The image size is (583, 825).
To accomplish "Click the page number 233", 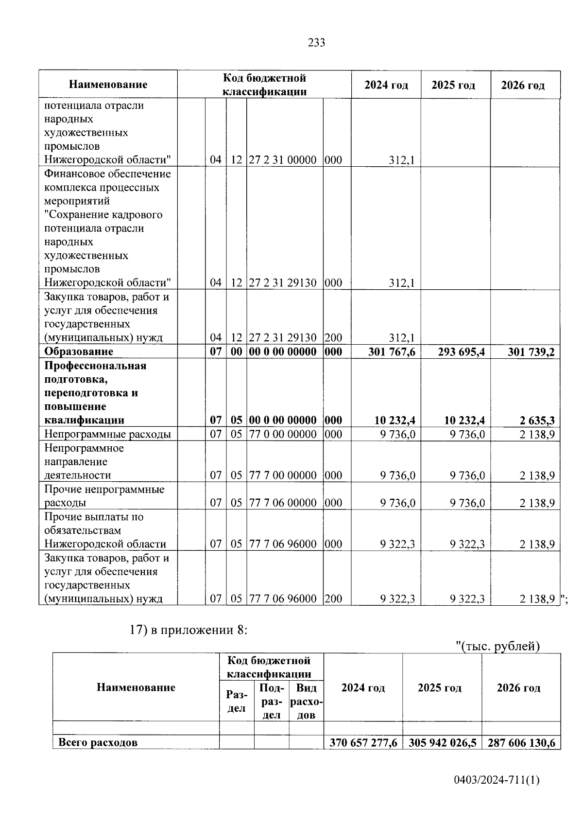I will (316, 43).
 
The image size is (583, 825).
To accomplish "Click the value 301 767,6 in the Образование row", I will (392, 352).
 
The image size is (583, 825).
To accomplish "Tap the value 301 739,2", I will (531, 352).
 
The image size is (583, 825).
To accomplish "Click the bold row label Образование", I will (79, 351).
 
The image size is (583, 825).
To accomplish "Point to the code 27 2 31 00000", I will (283, 160).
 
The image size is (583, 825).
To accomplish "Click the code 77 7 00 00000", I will (283, 475).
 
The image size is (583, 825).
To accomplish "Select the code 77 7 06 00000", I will (283, 503).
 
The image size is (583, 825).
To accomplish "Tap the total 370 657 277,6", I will (363, 743).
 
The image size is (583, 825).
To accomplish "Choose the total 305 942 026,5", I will (442, 743).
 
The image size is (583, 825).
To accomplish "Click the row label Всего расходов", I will (98, 743).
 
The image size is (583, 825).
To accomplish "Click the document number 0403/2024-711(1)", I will (497, 781).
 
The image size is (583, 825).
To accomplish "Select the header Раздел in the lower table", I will (237, 702).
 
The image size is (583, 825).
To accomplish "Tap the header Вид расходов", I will (306, 701).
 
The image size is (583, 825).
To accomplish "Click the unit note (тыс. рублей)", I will (499, 646).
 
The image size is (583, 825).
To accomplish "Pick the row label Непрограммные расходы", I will (107, 434).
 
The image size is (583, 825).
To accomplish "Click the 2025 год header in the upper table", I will (453, 85).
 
